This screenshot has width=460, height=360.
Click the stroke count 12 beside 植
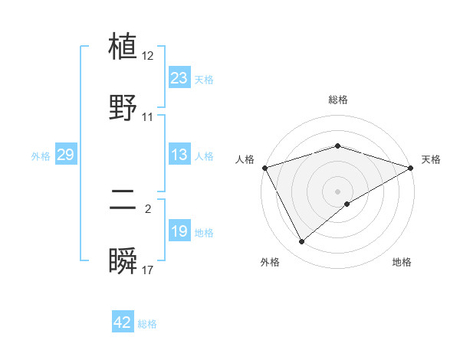(x=148, y=56)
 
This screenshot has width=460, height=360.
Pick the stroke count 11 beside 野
(x=148, y=117)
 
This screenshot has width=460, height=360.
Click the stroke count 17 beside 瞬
(x=148, y=270)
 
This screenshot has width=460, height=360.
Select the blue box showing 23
(x=179, y=78)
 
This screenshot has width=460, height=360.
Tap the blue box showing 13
(x=179, y=155)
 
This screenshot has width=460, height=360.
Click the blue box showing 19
(x=179, y=231)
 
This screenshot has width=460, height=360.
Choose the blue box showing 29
(x=65, y=155)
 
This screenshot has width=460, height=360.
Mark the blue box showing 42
(x=123, y=322)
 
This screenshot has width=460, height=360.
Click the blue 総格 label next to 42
(x=147, y=324)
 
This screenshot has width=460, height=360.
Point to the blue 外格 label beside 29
(x=41, y=155)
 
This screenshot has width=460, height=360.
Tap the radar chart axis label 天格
(x=431, y=159)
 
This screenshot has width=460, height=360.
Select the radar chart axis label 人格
(x=245, y=159)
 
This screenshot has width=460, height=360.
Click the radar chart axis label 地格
(x=402, y=262)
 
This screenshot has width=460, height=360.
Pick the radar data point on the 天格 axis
(x=411, y=167)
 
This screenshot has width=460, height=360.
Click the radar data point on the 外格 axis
(x=302, y=241)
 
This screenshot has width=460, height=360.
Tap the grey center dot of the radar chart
(x=338, y=191)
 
